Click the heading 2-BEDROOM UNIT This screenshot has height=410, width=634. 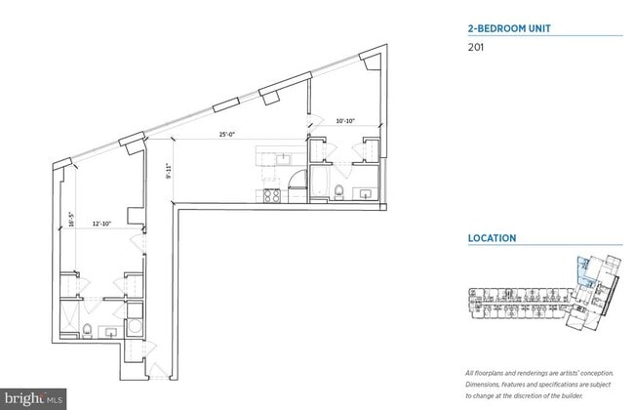(x=509, y=28)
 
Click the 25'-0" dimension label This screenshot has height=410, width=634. (x=227, y=135)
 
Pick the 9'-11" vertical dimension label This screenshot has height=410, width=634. (x=169, y=172)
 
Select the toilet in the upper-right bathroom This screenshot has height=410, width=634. (x=337, y=191)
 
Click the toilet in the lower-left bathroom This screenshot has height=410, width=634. (x=87, y=329)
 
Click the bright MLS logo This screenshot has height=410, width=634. (x=34, y=398)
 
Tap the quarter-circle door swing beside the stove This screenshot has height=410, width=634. (x=294, y=179)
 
